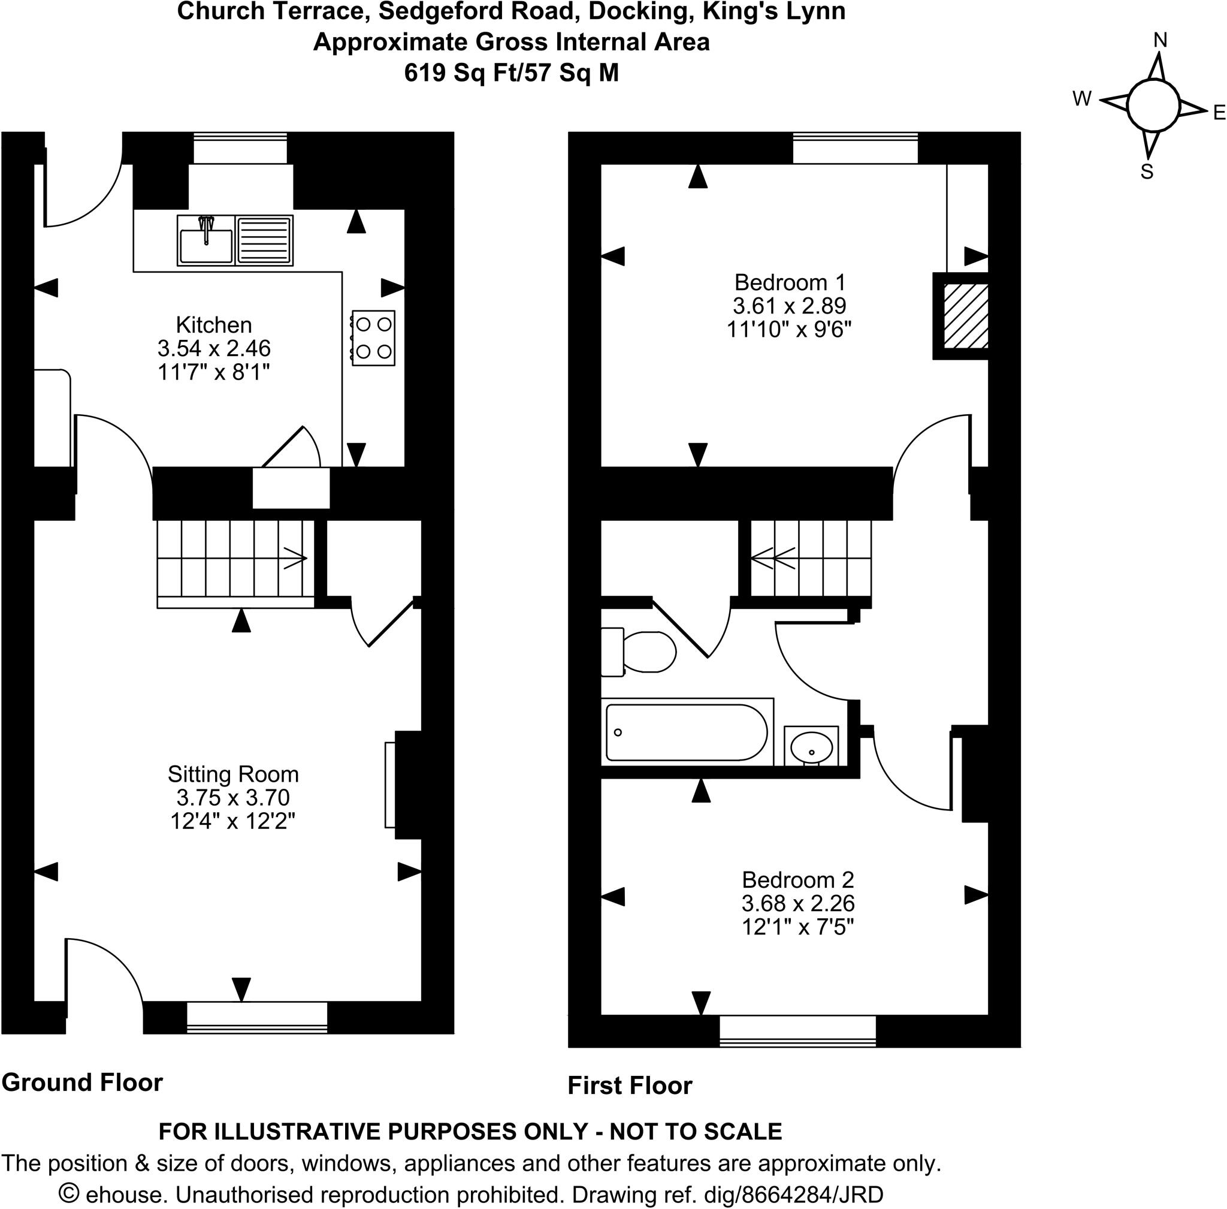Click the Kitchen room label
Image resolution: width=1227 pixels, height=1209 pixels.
click(x=213, y=325)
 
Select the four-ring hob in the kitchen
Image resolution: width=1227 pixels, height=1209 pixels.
click(x=373, y=337)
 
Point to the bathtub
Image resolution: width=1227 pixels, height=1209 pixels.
click(x=685, y=732)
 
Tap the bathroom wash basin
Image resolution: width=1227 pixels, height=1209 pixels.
click(x=811, y=747)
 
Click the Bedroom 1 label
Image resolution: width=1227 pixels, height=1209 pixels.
click(x=790, y=282)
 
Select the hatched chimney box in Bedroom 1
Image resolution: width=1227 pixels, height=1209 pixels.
click(x=965, y=315)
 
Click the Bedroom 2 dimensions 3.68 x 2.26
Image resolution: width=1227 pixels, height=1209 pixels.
click(x=797, y=902)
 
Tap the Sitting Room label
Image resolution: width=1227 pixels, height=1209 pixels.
click(x=233, y=774)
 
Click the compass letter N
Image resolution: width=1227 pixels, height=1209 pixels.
click(x=1160, y=41)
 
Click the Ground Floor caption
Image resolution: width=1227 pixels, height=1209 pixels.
click(x=83, y=1083)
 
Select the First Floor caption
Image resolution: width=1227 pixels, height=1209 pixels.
click(x=629, y=1086)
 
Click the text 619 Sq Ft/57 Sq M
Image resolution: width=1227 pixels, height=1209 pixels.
click(x=511, y=73)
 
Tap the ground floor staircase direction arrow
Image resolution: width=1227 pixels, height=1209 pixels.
click(x=295, y=558)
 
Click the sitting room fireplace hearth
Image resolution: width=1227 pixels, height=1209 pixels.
click(x=390, y=785)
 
